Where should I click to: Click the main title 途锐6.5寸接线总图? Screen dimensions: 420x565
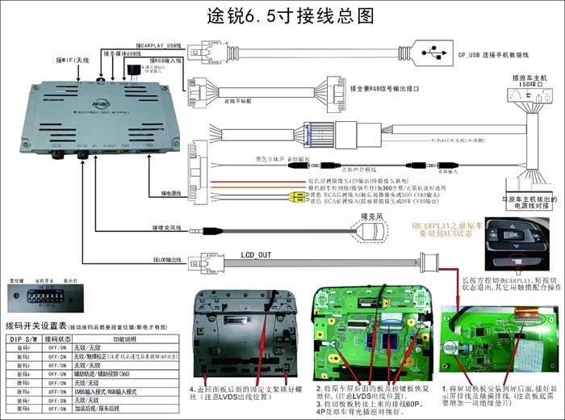[x=282, y=16]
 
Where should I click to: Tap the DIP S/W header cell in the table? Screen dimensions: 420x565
[x=22, y=338]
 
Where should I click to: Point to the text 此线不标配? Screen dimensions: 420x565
[x=236, y=102]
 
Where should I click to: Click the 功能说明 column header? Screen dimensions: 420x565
[x=130, y=338]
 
